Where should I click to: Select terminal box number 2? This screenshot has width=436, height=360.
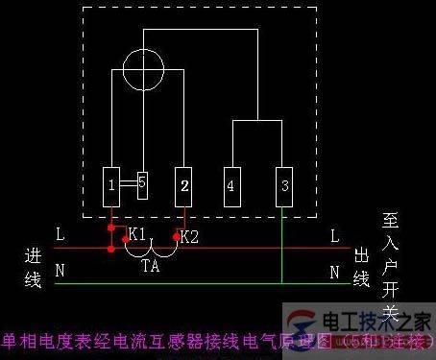183,184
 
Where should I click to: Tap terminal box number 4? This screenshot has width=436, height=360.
231,184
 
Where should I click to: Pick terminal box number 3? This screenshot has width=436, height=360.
281,184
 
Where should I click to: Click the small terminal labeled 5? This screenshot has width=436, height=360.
141,182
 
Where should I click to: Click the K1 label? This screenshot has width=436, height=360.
137,234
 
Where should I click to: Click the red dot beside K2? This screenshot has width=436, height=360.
175,235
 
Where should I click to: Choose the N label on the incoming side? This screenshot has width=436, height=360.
60,271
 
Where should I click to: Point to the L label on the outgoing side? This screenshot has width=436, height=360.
334,235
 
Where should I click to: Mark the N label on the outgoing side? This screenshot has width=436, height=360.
334,271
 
